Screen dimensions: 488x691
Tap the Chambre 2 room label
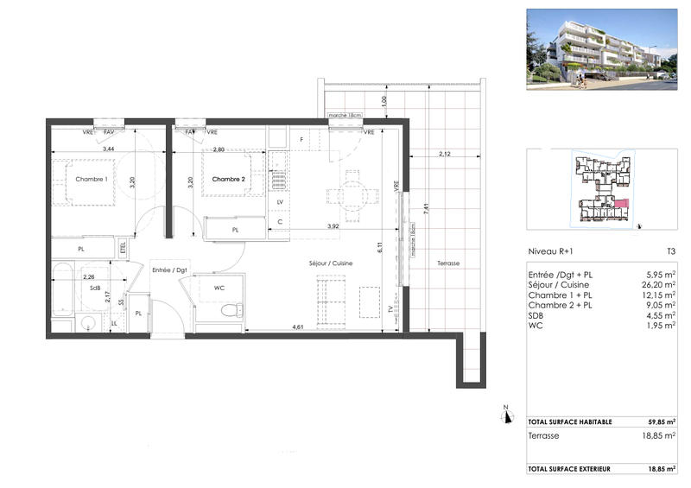pyautogui.click(x=230, y=179)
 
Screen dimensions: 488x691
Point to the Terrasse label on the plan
pyautogui.click(x=448, y=263)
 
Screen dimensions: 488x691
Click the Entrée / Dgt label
pyautogui.click(x=170, y=271)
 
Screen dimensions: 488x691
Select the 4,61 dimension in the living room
pyautogui.click(x=297, y=327)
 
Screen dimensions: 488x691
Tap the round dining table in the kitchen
pyautogui.click(x=352, y=193)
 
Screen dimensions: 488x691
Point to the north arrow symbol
pyautogui.click(x=508, y=416)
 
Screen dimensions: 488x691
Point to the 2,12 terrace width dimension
pyautogui.click(x=443, y=155)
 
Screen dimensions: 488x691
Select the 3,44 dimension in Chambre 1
pyautogui.click(x=109, y=150)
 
